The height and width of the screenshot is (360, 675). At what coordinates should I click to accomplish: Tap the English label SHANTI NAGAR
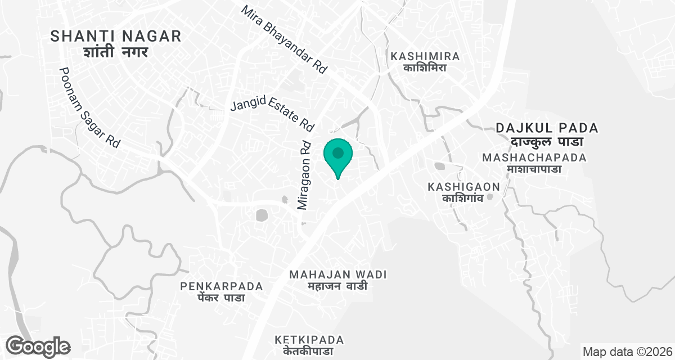[116, 37]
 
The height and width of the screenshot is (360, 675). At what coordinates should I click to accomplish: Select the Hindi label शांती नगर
[116, 52]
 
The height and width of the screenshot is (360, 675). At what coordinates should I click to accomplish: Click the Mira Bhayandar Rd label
[284, 40]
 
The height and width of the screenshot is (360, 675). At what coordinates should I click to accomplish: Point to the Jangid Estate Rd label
[272, 112]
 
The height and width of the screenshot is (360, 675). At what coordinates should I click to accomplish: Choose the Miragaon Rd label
[304, 175]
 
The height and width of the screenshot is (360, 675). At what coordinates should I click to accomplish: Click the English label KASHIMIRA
[425, 56]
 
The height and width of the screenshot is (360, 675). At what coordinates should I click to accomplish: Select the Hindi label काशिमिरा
[425, 68]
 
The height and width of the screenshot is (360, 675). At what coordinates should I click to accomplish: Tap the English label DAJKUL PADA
[547, 128]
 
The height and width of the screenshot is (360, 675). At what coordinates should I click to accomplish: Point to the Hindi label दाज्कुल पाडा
[547, 142]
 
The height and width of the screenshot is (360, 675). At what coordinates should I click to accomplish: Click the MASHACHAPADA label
[534, 157]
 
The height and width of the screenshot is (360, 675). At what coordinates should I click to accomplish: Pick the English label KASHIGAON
[464, 186]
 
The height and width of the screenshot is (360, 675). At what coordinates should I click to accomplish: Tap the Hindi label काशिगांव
[464, 198]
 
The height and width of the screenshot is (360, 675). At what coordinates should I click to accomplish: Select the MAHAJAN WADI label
[338, 274]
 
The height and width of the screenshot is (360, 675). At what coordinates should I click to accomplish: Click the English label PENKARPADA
[222, 286]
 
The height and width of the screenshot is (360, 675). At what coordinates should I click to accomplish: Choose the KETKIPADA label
[309, 340]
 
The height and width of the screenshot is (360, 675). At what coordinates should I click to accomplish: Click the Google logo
[38, 346]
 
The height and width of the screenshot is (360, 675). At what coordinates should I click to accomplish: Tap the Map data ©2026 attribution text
[626, 352]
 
